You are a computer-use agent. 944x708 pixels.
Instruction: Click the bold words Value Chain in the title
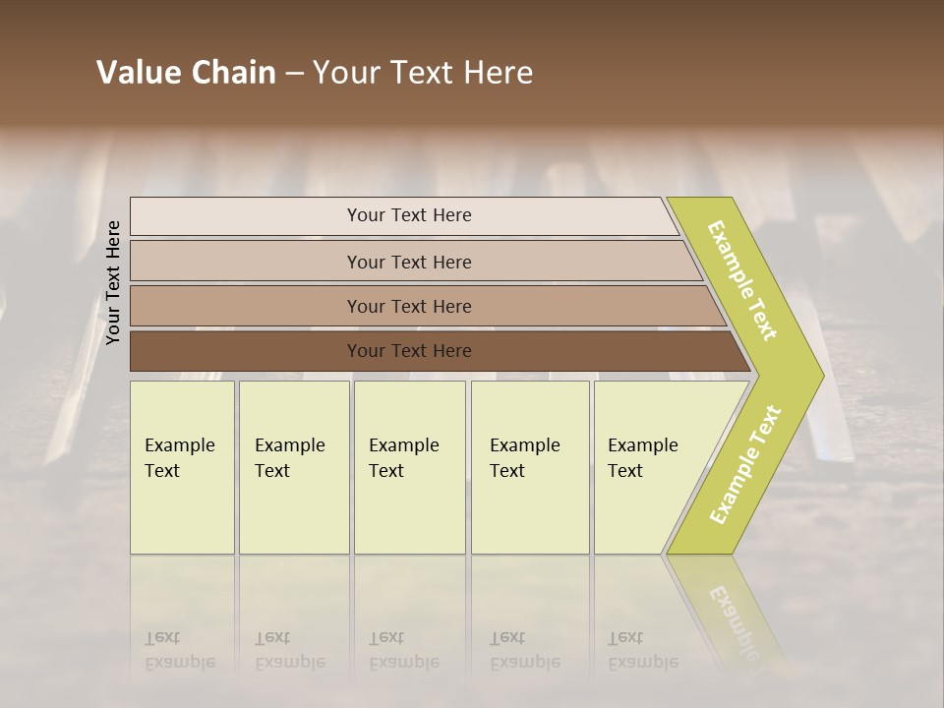186,73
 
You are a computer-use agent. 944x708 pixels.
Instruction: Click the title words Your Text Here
423,73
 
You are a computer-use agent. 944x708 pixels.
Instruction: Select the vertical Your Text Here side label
113,282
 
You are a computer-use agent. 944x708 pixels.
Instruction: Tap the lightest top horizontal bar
246,216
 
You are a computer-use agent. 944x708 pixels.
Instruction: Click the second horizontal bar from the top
246,262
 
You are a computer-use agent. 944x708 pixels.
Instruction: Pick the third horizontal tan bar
246,306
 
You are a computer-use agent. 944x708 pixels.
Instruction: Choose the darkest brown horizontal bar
246,351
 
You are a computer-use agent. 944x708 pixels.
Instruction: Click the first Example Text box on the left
182,467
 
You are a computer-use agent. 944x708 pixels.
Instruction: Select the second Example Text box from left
294,467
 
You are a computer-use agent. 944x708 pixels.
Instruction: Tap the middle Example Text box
409,467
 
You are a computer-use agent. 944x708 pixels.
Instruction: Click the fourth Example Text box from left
530,467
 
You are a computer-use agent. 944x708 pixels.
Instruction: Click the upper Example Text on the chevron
742,280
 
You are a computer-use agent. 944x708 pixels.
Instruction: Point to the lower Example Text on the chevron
745,465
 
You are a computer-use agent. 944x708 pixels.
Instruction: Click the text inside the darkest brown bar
409,351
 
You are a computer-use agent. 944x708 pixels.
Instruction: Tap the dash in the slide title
294,74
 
